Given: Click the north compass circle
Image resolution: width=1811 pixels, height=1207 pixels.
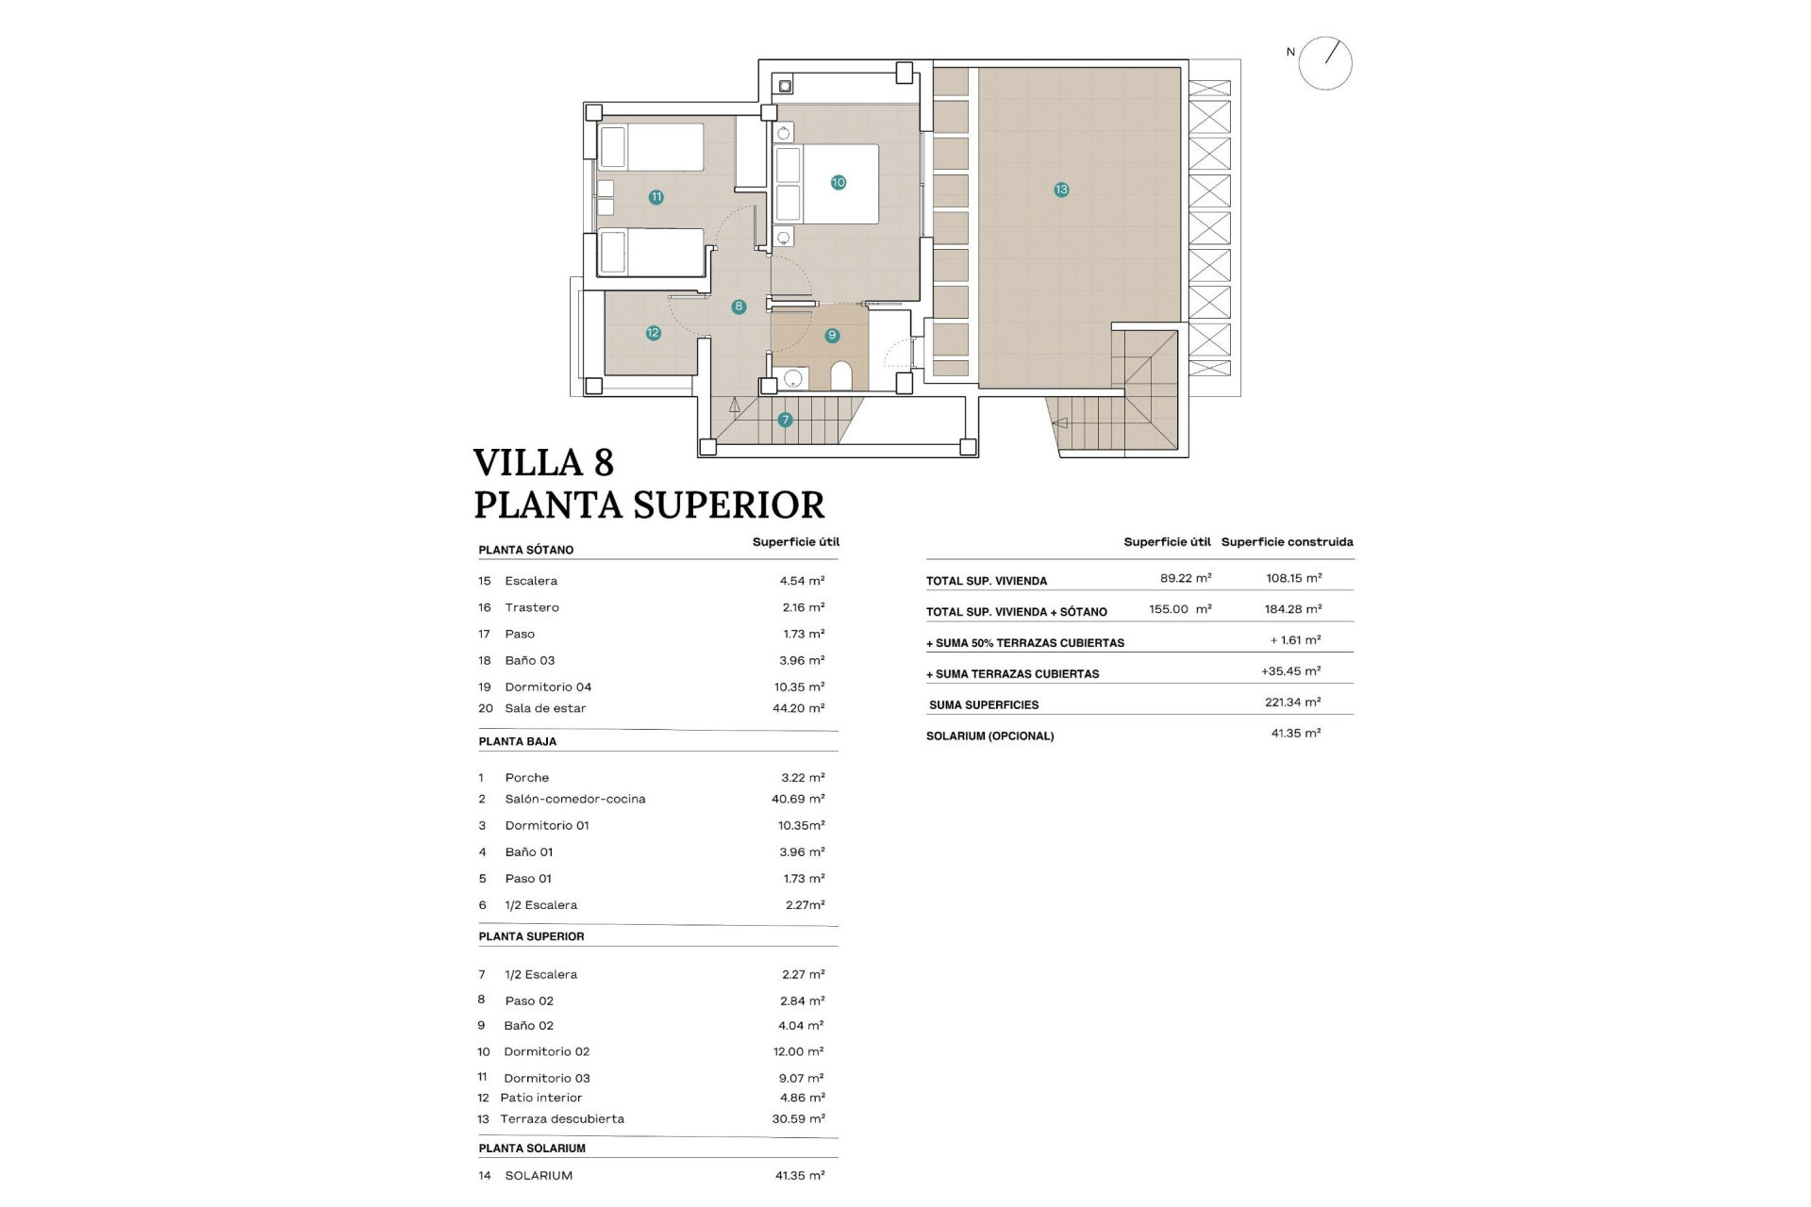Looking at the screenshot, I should tap(1324, 64).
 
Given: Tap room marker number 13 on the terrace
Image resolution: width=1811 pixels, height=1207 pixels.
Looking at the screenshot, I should tap(1061, 190).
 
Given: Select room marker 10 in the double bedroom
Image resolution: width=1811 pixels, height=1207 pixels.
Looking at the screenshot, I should tap(838, 183).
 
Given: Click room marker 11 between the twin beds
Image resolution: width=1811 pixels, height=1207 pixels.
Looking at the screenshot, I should tap(656, 197).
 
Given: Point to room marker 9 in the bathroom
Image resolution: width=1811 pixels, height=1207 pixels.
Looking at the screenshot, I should tap(831, 335).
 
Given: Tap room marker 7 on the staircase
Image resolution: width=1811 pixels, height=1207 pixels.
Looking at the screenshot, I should tap(785, 420).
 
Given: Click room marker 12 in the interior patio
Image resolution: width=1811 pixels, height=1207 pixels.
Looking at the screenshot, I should tap(653, 333).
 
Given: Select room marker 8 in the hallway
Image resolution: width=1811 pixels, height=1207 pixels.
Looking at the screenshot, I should tap(739, 306).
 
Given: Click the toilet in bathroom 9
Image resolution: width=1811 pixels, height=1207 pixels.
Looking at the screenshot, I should tap(841, 375).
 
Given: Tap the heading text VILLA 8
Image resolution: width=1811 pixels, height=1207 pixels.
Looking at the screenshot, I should tap(543, 463).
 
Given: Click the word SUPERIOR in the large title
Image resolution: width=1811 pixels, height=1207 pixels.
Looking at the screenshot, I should tap(728, 505).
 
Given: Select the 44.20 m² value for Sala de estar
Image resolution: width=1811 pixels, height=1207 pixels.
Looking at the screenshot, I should tap(798, 708).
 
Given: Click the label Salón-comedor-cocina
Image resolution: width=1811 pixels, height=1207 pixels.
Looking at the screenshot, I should tap(574, 799).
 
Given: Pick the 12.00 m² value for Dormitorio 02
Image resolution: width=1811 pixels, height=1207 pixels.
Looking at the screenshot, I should tap(798, 1051).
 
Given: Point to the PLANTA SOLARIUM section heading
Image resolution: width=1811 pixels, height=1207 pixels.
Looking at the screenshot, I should tap(532, 1149).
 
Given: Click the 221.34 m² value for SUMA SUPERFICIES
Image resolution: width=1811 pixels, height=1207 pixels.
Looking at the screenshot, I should tap(1292, 703).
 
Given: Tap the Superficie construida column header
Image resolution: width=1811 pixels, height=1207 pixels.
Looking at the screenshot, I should tap(1287, 542).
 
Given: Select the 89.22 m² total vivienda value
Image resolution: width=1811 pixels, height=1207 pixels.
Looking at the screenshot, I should tap(1186, 578).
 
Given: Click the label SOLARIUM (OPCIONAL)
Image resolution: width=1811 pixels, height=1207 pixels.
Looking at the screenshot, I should tap(989, 736).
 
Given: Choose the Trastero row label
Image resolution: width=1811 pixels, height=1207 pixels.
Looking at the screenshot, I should tap(531, 607).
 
